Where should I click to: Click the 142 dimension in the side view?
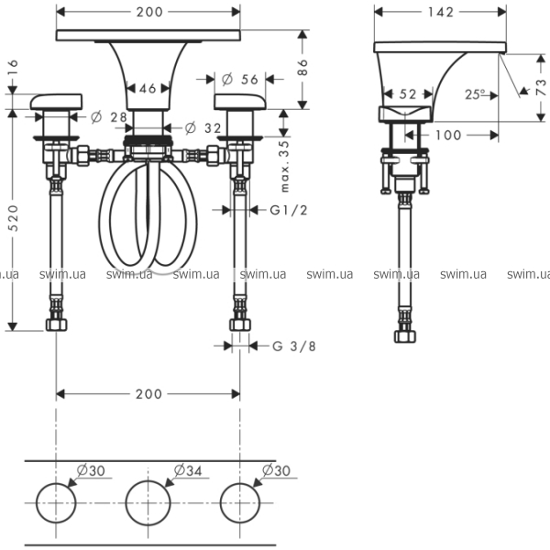pyautogui.click(x=441, y=12)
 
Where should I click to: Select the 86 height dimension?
pyautogui.click(x=302, y=67)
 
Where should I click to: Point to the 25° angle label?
pyautogui.click(x=474, y=93)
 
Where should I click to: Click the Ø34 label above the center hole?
pyautogui.click(x=188, y=469)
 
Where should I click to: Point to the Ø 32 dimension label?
pyautogui.click(x=206, y=127)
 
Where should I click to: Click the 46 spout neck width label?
pyautogui.click(x=148, y=89)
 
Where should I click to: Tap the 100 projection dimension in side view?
pyautogui.click(x=447, y=136)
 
